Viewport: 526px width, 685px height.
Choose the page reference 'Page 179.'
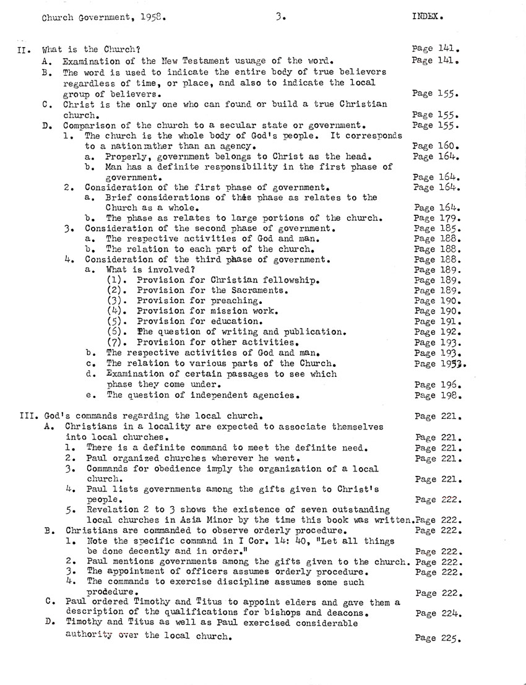pyautogui.click(x=438, y=218)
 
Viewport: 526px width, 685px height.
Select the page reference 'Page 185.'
pyautogui.click(x=438, y=228)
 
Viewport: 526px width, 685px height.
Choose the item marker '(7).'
pyautogui.click(x=118, y=342)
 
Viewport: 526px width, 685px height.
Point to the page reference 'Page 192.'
pyautogui.click(x=438, y=332)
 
